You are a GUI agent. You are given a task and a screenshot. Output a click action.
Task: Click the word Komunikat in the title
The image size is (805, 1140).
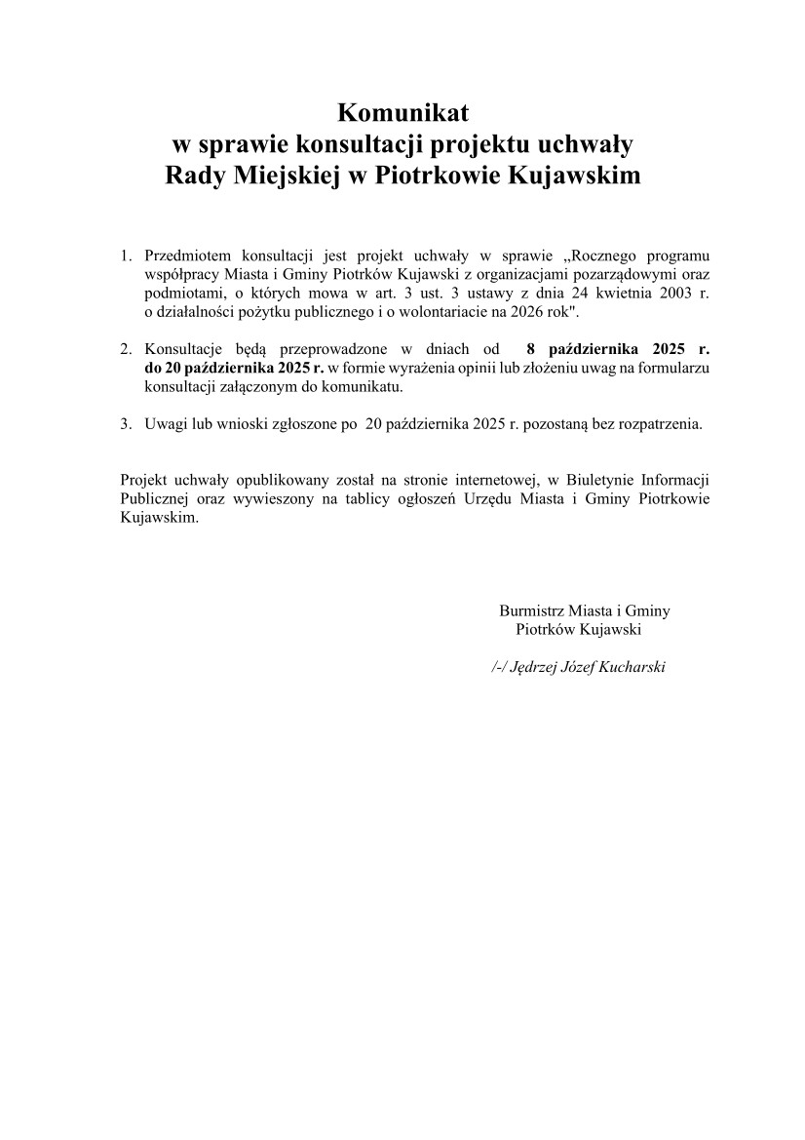coord(403,110)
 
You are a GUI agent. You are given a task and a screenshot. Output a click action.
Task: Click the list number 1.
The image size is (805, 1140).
coord(125,256)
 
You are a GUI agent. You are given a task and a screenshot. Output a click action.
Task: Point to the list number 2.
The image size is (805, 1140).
coord(125,349)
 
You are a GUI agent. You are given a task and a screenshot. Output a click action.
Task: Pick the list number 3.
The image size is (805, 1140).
coord(125,424)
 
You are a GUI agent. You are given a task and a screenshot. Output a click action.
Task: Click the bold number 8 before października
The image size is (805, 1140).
coord(529,349)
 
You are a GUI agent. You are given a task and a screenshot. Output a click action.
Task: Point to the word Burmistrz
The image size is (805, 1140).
coord(532,610)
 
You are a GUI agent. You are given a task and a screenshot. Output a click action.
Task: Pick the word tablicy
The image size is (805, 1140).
coord(382,499)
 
